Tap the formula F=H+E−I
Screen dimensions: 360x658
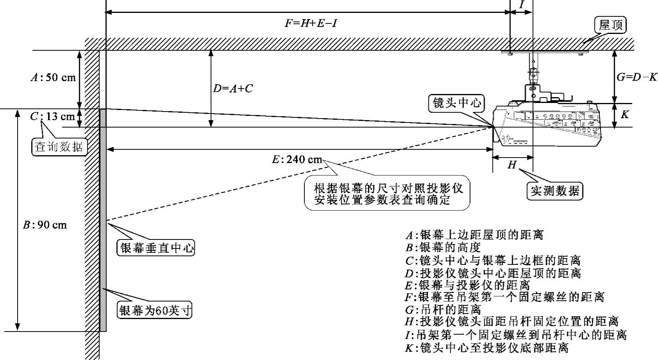(x=310, y=23)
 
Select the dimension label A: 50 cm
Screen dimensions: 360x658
(x=53, y=77)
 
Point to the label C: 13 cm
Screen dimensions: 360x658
(x=52, y=116)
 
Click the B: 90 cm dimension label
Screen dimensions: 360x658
(x=45, y=225)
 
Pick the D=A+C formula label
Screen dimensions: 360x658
(x=233, y=89)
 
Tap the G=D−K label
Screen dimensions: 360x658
(x=637, y=77)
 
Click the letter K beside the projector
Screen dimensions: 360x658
(x=625, y=114)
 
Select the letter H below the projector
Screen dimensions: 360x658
(x=512, y=165)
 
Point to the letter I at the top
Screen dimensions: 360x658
(x=521, y=5)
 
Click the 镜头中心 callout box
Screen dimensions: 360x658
(x=457, y=103)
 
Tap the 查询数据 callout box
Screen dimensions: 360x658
(x=59, y=147)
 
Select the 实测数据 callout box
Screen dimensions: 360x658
(x=554, y=191)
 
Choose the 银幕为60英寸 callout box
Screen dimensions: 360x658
(x=155, y=311)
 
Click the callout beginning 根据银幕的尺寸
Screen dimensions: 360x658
(x=388, y=194)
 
